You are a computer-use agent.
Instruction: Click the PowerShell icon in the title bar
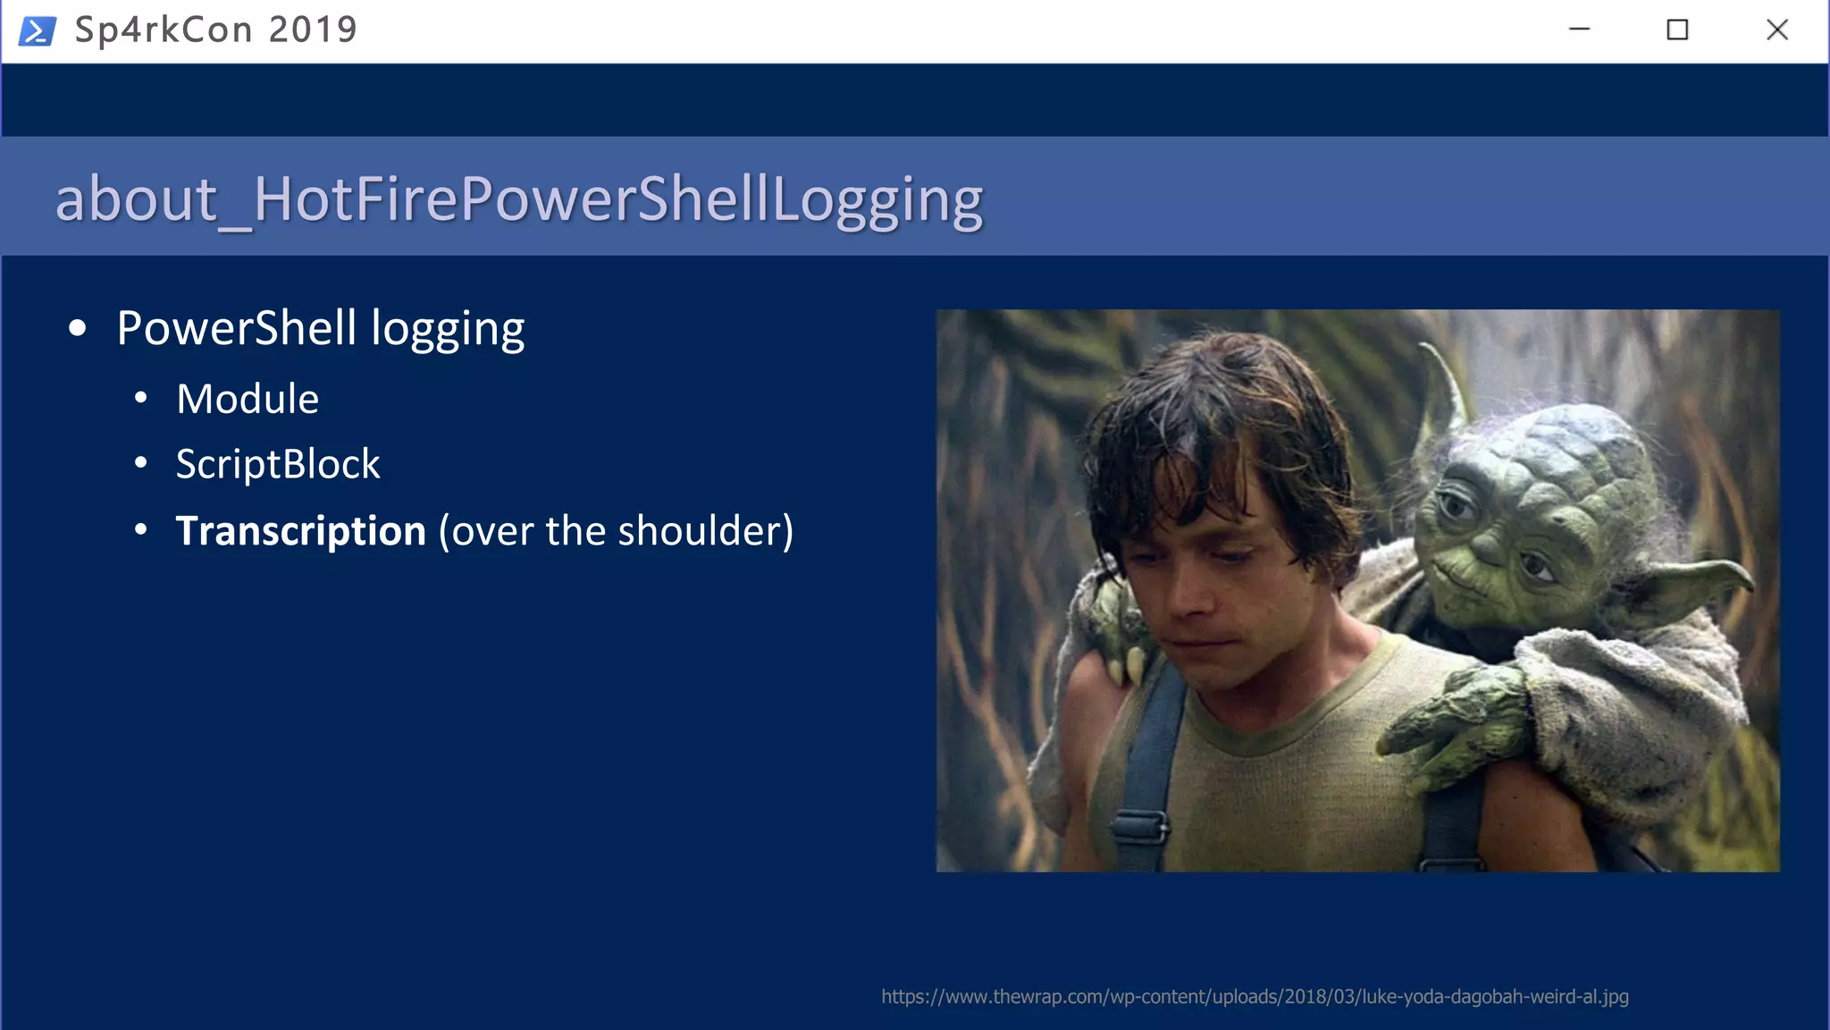coord(38,31)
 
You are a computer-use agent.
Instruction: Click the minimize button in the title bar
coord(1579,30)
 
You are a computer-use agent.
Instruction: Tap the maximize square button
coord(1677,30)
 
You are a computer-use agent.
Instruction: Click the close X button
coord(1776,30)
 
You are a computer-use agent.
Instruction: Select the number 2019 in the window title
coord(313,30)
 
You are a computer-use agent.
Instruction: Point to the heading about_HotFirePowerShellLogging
coord(518,198)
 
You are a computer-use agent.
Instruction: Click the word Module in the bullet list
coord(248,399)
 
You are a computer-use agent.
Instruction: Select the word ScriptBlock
coord(278,464)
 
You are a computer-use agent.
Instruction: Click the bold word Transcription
coord(300,531)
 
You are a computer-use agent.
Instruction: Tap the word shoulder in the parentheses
coord(699,531)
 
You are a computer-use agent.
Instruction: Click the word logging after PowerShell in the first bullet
coord(448,329)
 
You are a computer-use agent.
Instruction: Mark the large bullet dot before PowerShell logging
coord(78,328)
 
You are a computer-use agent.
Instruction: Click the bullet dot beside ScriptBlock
coord(140,463)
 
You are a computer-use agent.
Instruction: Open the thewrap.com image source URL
coord(1255,996)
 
